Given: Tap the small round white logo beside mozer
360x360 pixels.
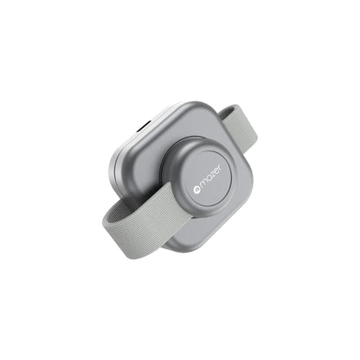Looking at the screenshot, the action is click(196, 190).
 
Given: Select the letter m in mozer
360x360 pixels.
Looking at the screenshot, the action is click(202, 184).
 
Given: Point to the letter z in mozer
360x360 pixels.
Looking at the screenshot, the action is click(212, 174).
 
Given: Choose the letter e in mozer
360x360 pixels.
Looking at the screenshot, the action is click(215, 170).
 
